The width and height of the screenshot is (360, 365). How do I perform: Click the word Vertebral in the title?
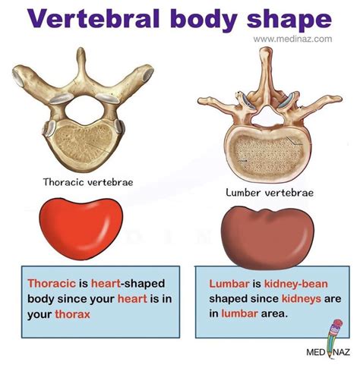(x=93, y=19)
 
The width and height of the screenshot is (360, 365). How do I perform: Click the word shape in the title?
(x=289, y=21)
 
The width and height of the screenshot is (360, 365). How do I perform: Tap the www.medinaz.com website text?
(x=292, y=39)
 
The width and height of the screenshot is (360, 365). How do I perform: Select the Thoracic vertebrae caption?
(x=88, y=182)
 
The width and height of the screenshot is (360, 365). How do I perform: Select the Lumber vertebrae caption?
(x=270, y=193)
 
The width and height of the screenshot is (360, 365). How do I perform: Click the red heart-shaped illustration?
(x=81, y=228)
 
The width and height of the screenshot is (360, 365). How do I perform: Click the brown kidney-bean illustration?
(x=267, y=238)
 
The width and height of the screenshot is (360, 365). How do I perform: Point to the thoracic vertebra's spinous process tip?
(x=81, y=49)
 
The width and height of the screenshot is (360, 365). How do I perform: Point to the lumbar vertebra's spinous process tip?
(x=265, y=49)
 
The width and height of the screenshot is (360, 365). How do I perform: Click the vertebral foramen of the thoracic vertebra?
(x=84, y=111)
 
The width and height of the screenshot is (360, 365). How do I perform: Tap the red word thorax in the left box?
(x=73, y=314)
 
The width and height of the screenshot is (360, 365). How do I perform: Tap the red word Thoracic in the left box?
(x=52, y=283)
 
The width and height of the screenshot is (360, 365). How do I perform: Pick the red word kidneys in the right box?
(x=302, y=299)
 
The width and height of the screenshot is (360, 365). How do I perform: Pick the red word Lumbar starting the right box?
(x=229, y=284)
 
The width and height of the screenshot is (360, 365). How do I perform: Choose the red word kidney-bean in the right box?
(x=296, y=285)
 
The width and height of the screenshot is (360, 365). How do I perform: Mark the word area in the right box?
(x=274, y=314)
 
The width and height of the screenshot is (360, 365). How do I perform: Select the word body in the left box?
(x=41, y=299)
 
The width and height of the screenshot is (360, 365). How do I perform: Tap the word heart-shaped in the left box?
(x=128, y=284)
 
